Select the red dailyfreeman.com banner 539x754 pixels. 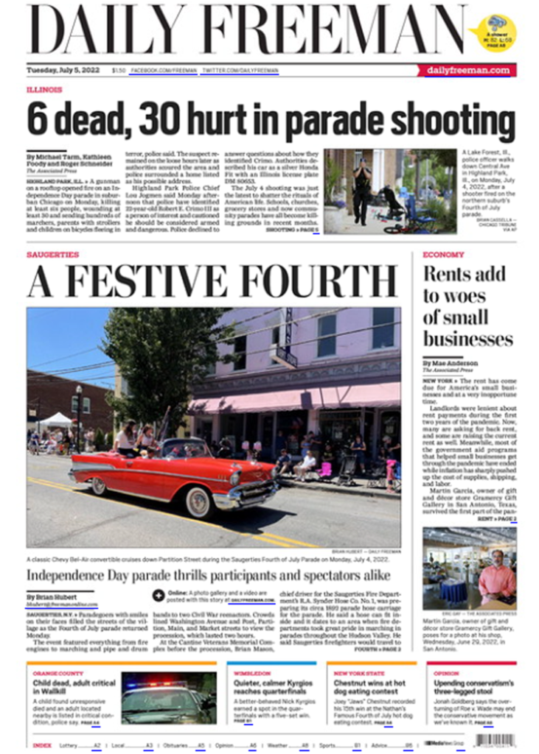[467, 70]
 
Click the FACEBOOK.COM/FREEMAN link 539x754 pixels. [164, 71]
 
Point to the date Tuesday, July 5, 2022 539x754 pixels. [66, 71]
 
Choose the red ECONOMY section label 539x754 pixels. [443, 255]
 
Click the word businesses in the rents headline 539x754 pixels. [467, 339]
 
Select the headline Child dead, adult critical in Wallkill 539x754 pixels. [74, 688]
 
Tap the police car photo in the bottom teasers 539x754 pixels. [169, 697]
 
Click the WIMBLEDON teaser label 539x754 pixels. [252, 673]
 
